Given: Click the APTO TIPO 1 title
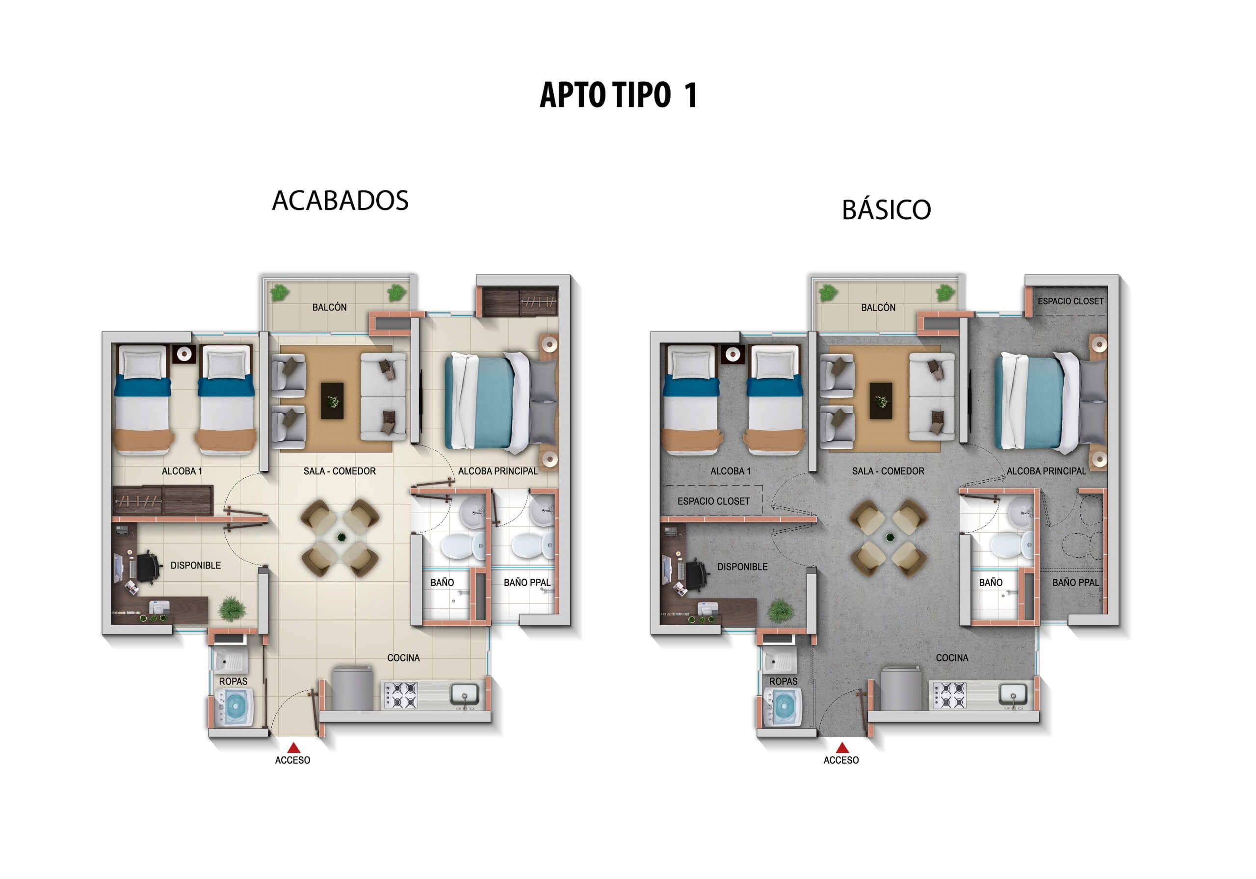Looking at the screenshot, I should pyautogui.click(x=618, y=95).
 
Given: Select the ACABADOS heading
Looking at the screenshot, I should pyautogui.click(x=340, y=201).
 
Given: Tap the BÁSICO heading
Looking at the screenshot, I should pyautogui.click(x=886, y=210).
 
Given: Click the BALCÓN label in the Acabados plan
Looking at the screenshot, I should pyautogui.click(x=329, y=308).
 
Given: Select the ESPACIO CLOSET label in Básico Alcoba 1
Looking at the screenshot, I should pyautogui.click(x=713, y=501).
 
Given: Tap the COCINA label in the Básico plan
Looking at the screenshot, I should pyautogui.click(x=952, y=658).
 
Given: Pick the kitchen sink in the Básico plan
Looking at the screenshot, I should pyautogui.click(x=1013, y=694).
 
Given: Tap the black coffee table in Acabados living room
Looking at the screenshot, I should pyautogui.click(x=332, y=400).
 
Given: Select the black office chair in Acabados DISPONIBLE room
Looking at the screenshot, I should pyautogui.click(x=148, y=567).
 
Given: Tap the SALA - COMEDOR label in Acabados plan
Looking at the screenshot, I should pyautogui.click(x=339, y=471).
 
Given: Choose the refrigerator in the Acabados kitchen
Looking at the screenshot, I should pyautogui.click(x=352, y=688).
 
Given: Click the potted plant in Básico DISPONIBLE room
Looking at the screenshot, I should pyautogui.click(x=780, y=610).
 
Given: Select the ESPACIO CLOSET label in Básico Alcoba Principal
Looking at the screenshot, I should pyautogui.click(x=1070, y=301).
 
